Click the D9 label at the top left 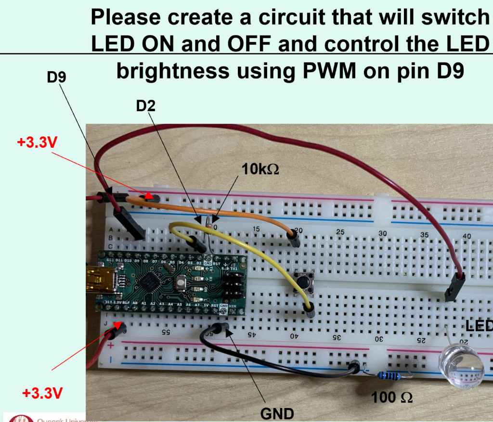click(56, 77)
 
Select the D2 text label click(146, 106)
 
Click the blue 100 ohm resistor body click(389, 375)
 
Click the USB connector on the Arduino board click(102, 281)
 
